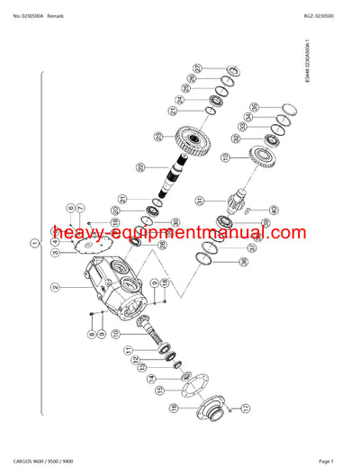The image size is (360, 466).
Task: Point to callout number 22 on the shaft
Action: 139,167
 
